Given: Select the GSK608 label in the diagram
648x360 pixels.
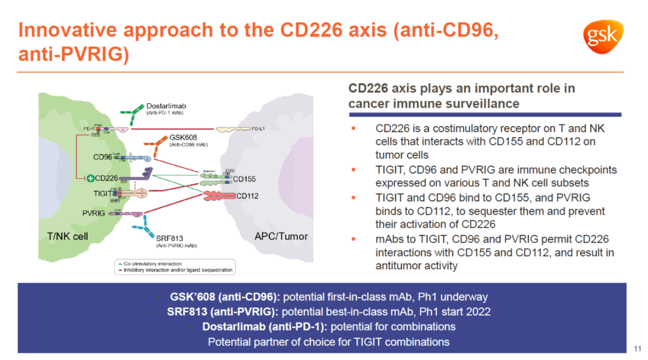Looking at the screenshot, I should (x=184, y=137).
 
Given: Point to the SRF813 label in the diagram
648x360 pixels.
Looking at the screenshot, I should (x=170, y=238).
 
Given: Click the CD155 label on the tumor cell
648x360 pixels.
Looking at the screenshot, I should (x=244, y=178).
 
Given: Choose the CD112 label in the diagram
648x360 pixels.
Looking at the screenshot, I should (x=247, y=195).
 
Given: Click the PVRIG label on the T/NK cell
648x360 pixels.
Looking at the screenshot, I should (x=94, y=213).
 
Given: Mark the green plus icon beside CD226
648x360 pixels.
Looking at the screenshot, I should (x=90, y=178).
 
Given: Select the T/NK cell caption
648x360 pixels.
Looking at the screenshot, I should (x=67, y=236).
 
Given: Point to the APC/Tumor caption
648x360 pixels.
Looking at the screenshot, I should (x=281, y=236).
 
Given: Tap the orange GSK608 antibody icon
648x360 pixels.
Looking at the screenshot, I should (x=157, y=145).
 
